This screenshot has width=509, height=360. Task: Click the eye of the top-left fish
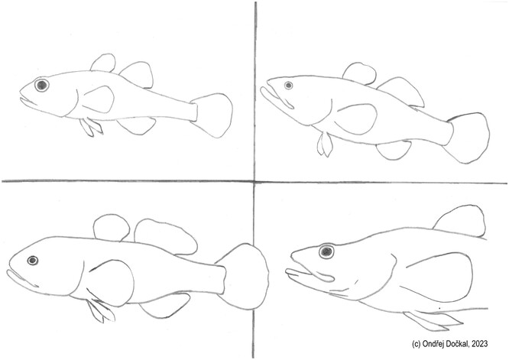pos(41,85)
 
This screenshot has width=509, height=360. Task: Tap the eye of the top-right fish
pos(288,86)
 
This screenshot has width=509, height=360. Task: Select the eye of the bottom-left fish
pos(32,261)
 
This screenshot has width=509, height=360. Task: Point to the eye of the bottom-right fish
pos(326,251)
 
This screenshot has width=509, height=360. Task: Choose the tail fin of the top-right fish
pos(468,138)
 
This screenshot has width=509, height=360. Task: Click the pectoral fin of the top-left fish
pos(97,99)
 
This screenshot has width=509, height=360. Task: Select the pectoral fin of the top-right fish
pos(356,118)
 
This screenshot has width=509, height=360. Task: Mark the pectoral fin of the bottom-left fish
pos(112,283)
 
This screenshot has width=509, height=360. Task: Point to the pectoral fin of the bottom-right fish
pos(439,277)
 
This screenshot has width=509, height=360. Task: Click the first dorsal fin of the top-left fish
pos(103,63)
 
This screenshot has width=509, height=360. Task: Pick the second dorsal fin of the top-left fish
pos(137,74)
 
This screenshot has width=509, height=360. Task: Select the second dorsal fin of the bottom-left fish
pos(164,237)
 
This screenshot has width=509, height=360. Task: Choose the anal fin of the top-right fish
pos(394,151)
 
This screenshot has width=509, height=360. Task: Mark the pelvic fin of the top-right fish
pos(325,144)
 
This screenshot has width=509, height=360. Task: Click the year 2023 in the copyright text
pos(480,344)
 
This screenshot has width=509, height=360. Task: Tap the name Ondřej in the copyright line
pos(434,343)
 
